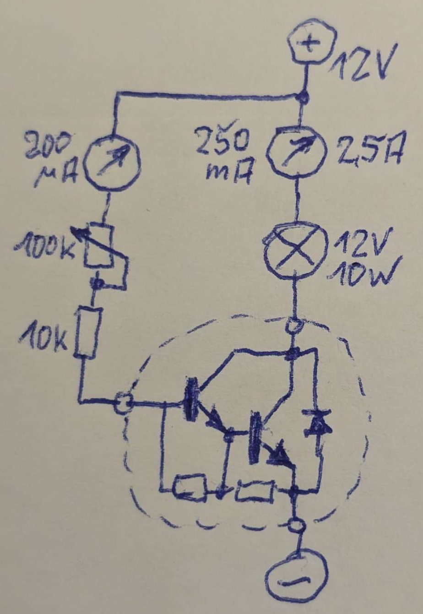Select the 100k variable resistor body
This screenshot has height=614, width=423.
point(98,246)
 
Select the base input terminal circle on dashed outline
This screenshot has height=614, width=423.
point(123,402)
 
